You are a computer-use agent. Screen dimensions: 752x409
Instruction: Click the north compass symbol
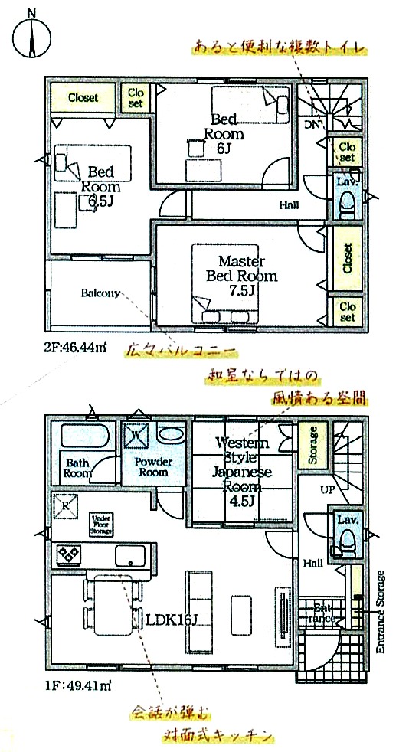pos(31,35)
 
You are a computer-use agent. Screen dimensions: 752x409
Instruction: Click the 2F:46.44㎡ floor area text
pos(74,346)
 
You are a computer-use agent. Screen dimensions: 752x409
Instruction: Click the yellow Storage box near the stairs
pos(312,445)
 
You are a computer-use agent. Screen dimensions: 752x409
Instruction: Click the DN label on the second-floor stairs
pos(312,125)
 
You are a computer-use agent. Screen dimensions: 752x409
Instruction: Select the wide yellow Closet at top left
pos(82,97)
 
